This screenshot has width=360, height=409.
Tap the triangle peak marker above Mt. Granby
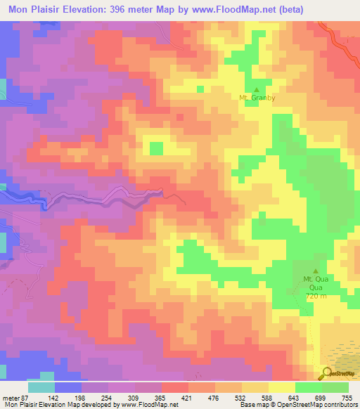coord(256,90)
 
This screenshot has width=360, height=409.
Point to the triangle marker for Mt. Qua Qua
coord(315,271)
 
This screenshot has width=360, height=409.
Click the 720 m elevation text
coord(316,297)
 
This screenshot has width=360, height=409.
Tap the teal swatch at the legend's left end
coord(41,387)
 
